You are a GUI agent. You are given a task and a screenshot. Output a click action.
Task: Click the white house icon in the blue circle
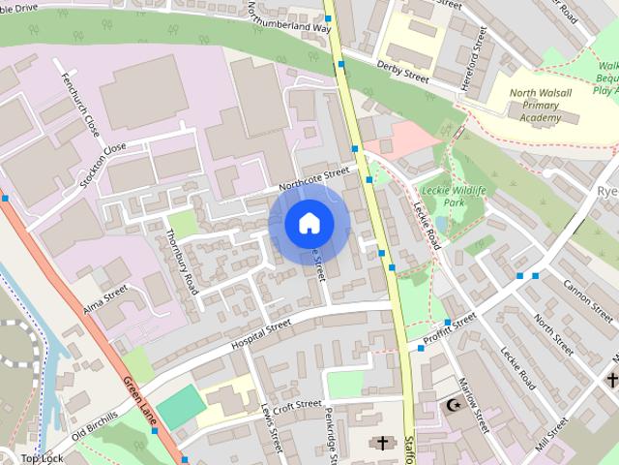click(308, 224)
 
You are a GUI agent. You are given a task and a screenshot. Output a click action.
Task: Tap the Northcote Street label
click(312, 178)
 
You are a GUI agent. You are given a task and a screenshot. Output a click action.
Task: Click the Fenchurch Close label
click(78, 104)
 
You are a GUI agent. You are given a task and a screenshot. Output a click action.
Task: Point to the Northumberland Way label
click(287, 19)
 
